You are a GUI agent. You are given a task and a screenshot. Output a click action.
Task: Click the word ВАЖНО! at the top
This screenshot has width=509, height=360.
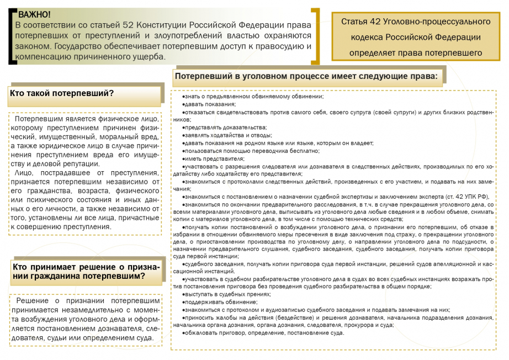point(34,14)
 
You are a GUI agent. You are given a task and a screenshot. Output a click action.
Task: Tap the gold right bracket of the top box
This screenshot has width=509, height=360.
point(315,36)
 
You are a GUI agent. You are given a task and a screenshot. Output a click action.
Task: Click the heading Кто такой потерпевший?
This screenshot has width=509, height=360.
point(62,93)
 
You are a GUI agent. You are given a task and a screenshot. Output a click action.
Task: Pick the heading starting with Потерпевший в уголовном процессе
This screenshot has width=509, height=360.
point(307,76)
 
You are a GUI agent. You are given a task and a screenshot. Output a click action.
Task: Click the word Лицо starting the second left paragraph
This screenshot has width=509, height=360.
point(25,173)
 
